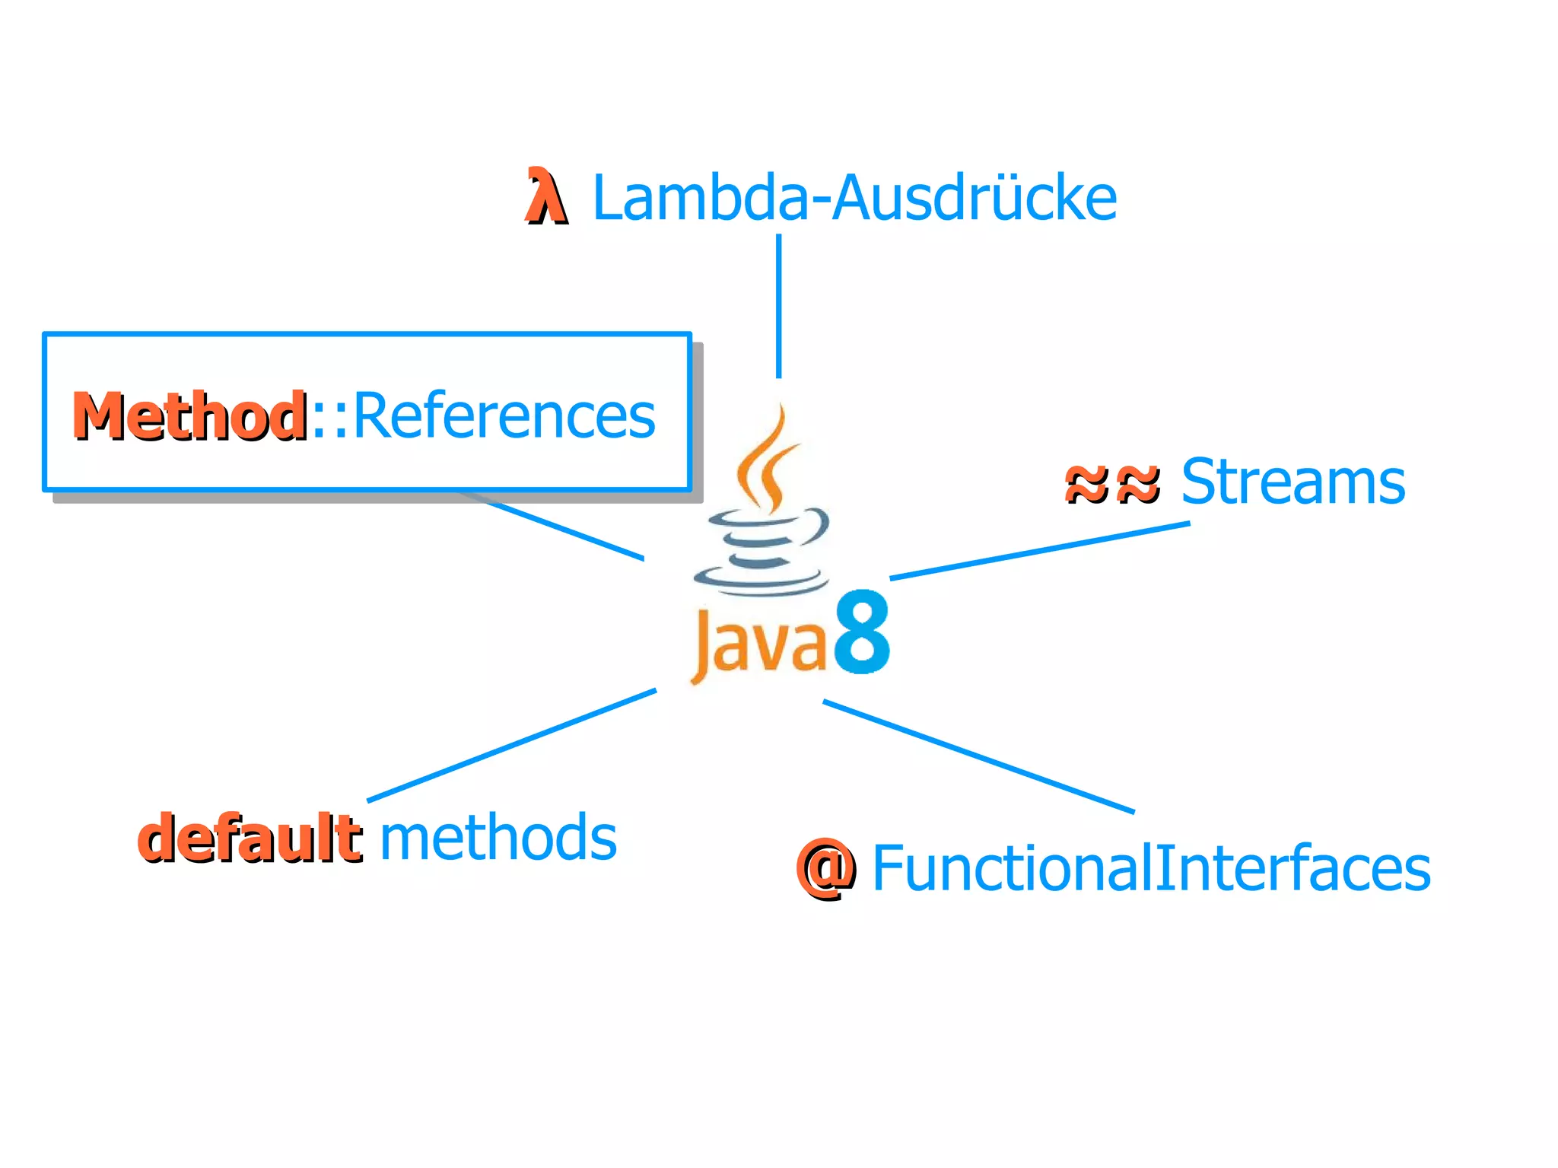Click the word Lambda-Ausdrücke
tap(854, 199)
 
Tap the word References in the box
tap(504, 415)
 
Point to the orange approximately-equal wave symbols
tap(1112, 484)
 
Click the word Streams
tap(1293, 482)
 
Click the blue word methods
tap(498, 837)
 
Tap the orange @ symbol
tap(825, 868)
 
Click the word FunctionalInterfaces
tap(1150, 868)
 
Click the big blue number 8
tap(862, 633)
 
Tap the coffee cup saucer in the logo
tap(761, 582)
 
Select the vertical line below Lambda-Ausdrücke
tap(778, 304)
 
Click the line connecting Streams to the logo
tap(1039, 551)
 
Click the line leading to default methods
tap(511, 746)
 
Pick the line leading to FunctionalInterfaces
tap(978, 757)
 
